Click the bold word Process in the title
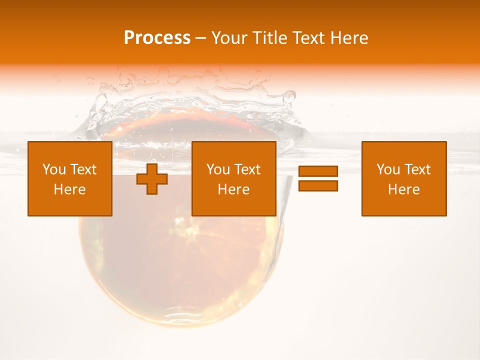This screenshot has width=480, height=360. [157, 38]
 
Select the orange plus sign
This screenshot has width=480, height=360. [152, 179]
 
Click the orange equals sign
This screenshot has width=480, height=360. [318, 178]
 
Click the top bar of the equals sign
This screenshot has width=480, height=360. [318, 171]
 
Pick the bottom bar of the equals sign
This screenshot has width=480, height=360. [318, 185]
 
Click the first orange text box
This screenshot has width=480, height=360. [70, 179]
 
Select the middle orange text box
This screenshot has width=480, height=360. [233, 179]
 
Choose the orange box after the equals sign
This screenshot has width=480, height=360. [404, 179]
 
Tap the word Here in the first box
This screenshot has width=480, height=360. [70, 189]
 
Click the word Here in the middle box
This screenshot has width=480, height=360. [233, 189]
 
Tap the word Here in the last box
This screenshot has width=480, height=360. [404, 189]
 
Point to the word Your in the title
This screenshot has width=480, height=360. [230, 38]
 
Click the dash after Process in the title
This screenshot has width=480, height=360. [201, 38]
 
